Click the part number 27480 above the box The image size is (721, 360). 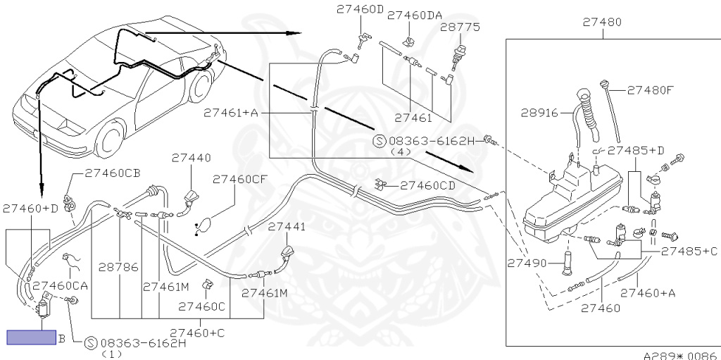(601, 22)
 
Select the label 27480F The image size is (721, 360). (651, 90)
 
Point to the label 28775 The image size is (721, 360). (460, 27)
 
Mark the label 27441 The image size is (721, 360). (287, 227)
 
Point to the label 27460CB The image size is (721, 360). (113, 172)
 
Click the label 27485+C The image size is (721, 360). (689, 251)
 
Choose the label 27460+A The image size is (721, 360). (647, 292)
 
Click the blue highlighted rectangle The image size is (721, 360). (31, 337)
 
